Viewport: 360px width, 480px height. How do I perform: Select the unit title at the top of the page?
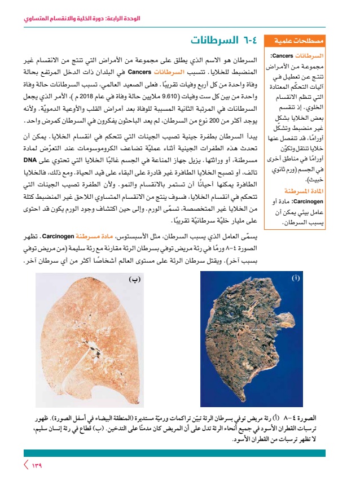click(x=73, y=18)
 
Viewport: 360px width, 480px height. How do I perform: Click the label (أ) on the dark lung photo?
click(x=296, y=279)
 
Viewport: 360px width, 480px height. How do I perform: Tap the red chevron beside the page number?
click(x=25, y=466)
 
